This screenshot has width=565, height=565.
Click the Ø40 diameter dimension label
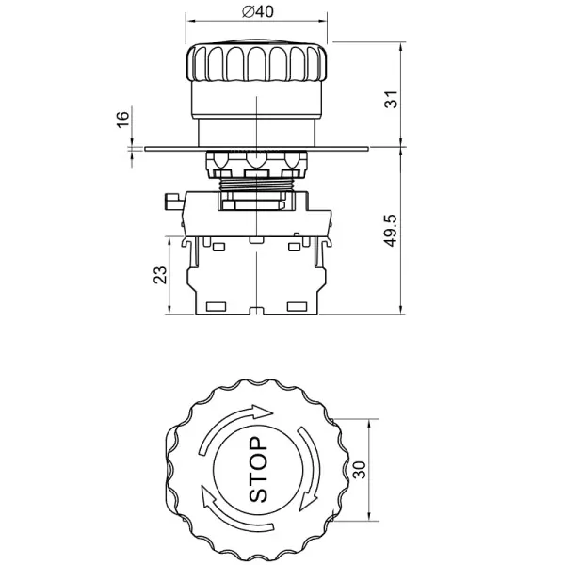[x=257, y=11]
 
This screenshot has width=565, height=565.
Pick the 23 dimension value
[x=160, y=274]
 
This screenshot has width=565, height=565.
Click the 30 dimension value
[x=358, y=471]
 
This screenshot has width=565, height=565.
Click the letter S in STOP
[x=258, y=492]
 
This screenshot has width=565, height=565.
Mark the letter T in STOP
[x=258, y=476]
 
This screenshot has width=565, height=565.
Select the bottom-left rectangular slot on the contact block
[x=216, y=306]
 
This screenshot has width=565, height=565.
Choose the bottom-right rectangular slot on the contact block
[x=298, y=306]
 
